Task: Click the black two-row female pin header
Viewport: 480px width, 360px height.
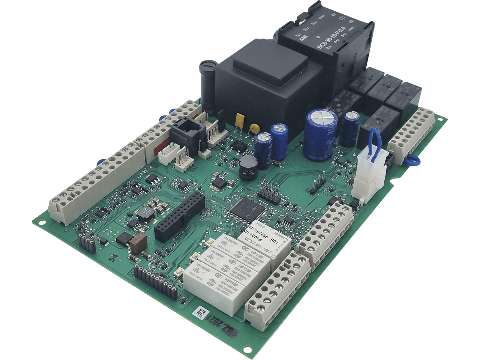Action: tap(180, 217)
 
